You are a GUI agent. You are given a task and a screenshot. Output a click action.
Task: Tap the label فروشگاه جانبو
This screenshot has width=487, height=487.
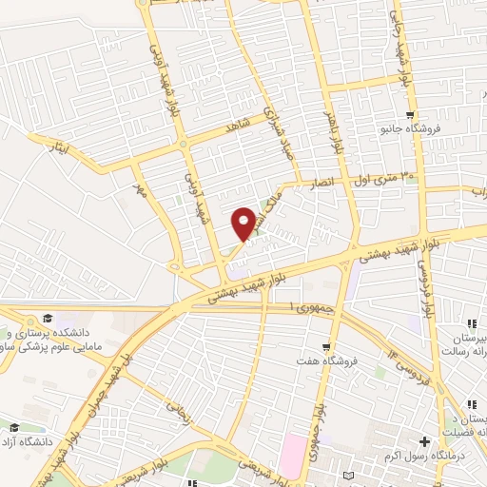coord(402,127)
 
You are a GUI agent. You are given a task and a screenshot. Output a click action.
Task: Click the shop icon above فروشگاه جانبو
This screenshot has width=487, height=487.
coord(408,114)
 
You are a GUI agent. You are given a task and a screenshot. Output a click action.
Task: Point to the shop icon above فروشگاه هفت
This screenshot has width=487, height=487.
coord(326,346)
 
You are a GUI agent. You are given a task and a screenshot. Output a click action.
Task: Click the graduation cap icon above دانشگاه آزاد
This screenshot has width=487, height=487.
coord(13,427)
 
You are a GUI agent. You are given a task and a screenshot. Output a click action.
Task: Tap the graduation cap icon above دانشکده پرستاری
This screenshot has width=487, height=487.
coord(45,319)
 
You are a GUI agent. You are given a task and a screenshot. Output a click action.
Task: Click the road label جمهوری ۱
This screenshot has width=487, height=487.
coord(309,307)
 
